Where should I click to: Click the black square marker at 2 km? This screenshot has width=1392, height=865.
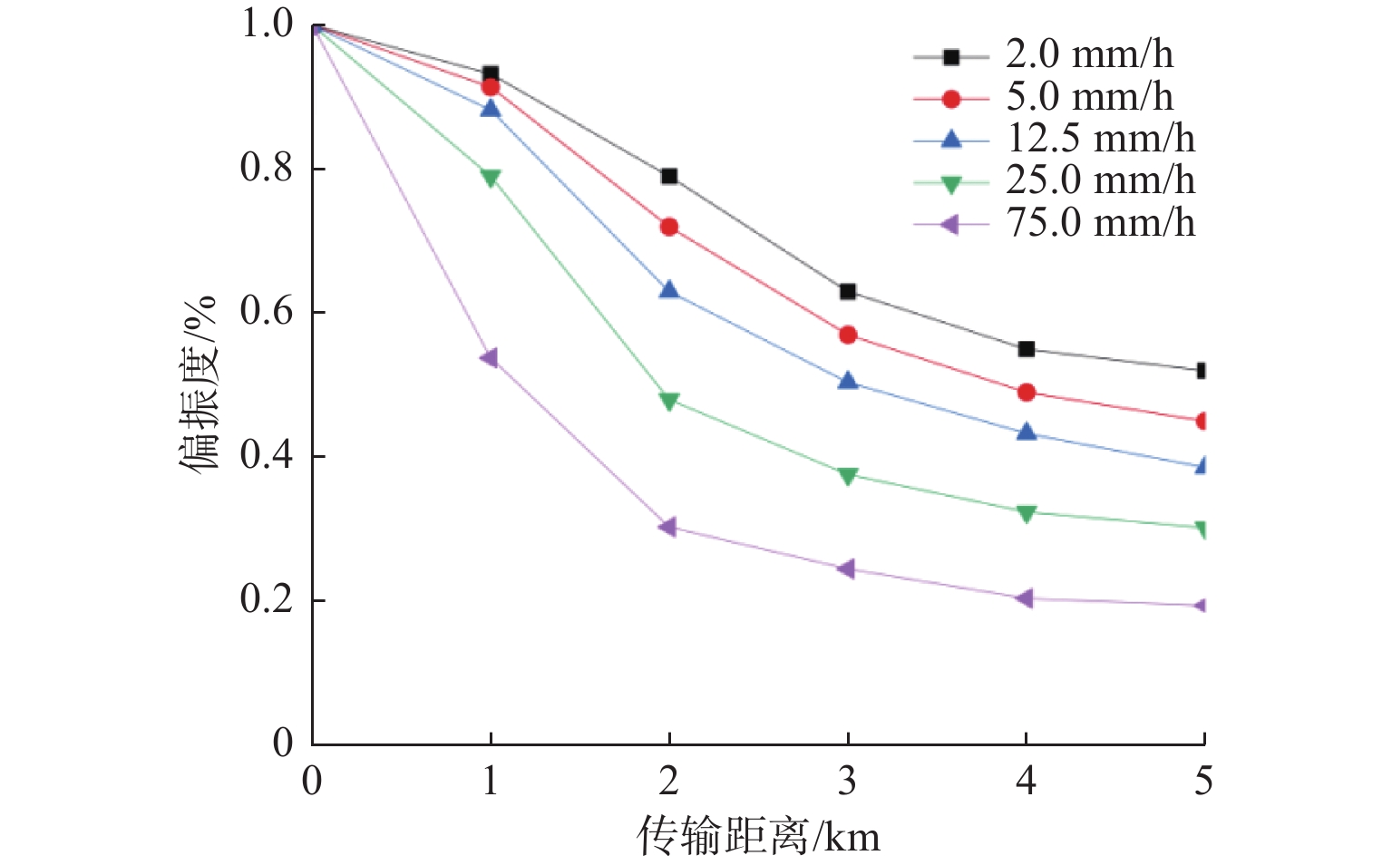669,176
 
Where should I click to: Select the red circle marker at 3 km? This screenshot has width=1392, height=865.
848,335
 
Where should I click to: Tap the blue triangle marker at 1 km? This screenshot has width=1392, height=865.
491,109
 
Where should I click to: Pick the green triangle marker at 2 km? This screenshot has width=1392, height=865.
669,401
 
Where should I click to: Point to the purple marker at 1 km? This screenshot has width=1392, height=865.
490,358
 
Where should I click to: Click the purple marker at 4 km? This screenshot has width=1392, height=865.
1026,598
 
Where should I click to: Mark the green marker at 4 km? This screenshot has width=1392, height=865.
1027,513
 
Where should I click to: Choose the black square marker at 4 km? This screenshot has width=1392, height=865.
1027,349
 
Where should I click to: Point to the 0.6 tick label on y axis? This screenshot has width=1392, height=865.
267,312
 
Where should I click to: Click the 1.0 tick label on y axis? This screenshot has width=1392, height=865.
267,24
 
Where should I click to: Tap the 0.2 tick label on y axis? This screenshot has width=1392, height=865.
267,599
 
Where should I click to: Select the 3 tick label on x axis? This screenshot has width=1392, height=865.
847,781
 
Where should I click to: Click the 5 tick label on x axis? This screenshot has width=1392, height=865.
1203,781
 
